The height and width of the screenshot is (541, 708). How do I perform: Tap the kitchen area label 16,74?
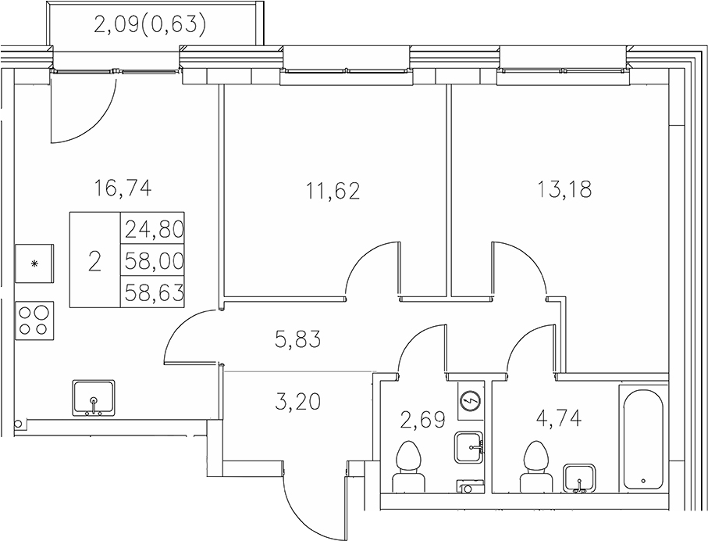(x=121, y=188)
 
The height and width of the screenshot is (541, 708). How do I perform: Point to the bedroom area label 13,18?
(x=564, y=189)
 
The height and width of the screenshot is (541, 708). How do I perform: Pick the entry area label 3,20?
(x=297, y=403)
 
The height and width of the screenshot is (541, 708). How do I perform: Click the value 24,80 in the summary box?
(x=153, y=230)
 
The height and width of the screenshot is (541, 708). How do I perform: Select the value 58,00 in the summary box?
(x=153, y=261)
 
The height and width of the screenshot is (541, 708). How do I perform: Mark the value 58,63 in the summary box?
(x=153, y=292)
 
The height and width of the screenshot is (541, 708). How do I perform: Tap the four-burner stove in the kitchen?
(x=34, y=319)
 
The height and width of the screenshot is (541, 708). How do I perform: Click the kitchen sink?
(x=94, y=398)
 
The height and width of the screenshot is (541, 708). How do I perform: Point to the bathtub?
(x=642, y=438)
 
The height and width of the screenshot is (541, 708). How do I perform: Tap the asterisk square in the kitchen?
(x=34, y=263)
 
